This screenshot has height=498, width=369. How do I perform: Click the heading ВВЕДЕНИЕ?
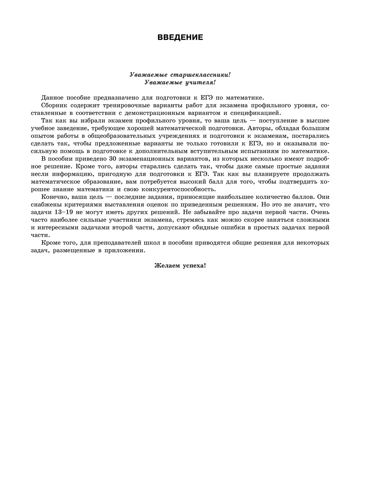(180, 37)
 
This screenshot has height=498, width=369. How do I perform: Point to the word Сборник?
(54, 105)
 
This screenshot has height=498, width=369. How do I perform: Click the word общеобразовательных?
(123, 136)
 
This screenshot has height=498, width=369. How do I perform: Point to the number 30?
(114, 159)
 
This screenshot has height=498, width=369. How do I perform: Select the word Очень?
(321, 212)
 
